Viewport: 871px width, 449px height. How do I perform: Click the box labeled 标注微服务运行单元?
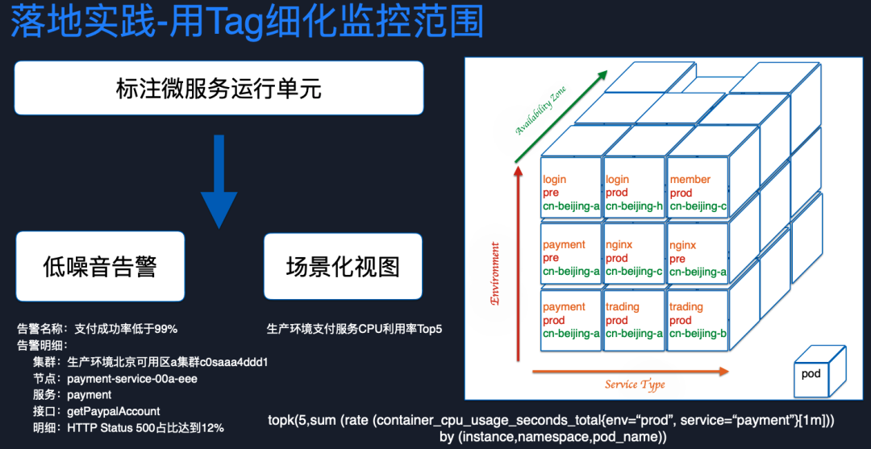click(x=219, y=88)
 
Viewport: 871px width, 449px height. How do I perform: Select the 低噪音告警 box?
click(x=99, y=266)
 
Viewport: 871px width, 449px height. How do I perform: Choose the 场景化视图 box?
click(x=343, y=266)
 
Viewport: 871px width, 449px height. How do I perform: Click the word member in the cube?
click(x=690, y=180)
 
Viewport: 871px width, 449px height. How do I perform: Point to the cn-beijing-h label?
click(x=634, y=206)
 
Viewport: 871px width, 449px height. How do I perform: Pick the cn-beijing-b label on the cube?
click(x=698, y=334)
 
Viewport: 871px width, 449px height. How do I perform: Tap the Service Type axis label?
click(x=635, y=385)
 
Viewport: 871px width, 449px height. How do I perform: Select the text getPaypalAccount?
click(x=114, y=411)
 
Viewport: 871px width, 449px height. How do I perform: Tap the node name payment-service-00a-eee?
click(x=132, y=378)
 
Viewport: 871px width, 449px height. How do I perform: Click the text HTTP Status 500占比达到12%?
click(x=145, y=427)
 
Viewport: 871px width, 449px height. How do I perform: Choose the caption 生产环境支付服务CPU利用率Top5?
click(x=355, y=329)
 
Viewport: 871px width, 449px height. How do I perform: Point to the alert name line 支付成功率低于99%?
click(x=126, y=329)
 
